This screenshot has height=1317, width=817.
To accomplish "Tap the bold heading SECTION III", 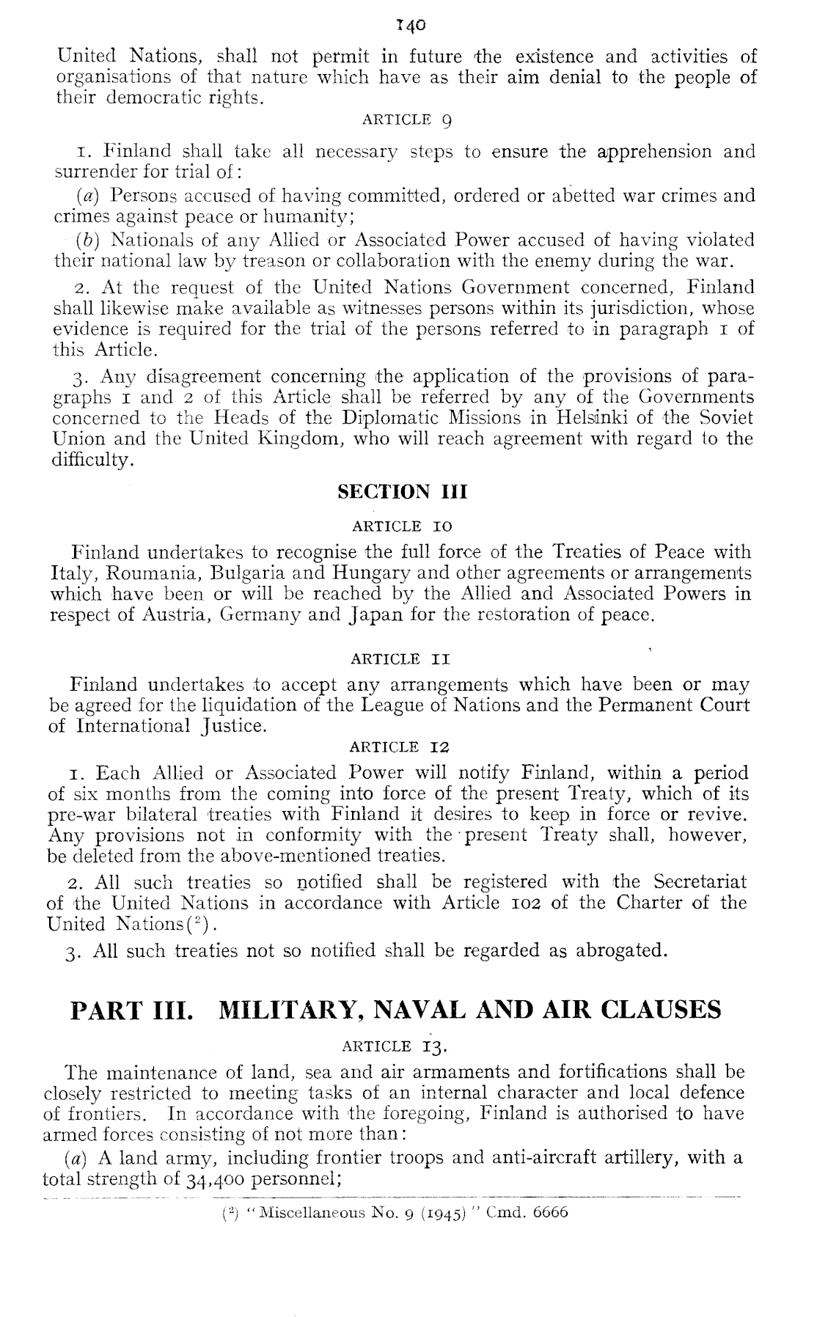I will [402, 491].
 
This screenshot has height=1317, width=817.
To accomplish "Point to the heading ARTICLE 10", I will [402, 527].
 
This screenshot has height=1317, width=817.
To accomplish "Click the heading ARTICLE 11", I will [400, 659].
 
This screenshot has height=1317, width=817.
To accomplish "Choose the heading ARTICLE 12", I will [400, 748].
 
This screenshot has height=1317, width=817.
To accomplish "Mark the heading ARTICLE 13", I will [401, 1046].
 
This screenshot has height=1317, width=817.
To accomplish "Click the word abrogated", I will [622, 951].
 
